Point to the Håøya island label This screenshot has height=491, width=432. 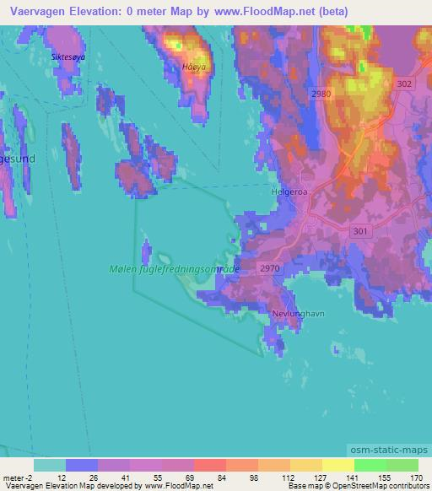click(194, 67)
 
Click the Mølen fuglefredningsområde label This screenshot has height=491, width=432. click(175, 269)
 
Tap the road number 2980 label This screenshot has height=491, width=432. click(320, 94)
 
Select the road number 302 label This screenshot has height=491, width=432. click(403, 84)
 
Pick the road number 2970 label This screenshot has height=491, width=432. click(270, 268)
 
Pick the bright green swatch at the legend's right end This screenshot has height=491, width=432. click(402, 465)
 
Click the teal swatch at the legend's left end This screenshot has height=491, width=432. click(50, 465)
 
